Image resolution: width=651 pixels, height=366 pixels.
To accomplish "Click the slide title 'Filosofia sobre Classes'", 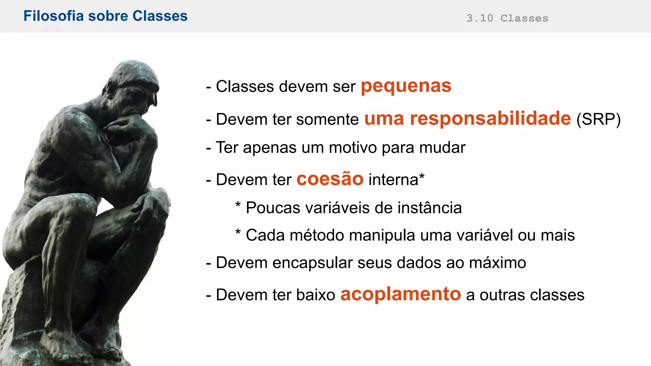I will tap(106, 16).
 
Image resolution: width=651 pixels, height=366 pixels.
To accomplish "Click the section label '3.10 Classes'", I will tap(507, 18).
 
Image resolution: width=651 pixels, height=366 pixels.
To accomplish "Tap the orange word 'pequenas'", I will tap(406, 86).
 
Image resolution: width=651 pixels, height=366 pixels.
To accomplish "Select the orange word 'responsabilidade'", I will tap(490, 119).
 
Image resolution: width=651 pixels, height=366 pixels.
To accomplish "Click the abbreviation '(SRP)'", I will tap(598, 119).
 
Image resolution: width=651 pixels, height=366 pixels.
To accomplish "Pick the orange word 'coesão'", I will tap(330, 179).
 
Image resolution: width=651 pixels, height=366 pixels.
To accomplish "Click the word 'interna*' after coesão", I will tap(396, 180).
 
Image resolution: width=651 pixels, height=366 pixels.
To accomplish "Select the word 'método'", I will tap(317, 235).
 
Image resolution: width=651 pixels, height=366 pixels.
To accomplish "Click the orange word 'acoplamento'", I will tap(401, 294).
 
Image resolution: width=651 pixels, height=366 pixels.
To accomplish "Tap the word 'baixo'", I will tap(315, 295).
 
